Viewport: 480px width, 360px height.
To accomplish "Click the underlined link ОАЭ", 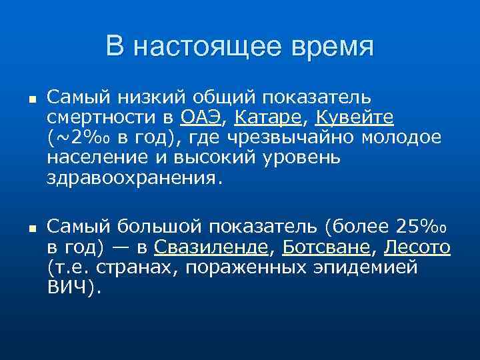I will click(202, 118).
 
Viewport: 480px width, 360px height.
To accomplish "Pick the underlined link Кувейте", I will click(354, 118).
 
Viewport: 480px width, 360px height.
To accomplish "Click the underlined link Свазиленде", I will click(211, 247).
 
